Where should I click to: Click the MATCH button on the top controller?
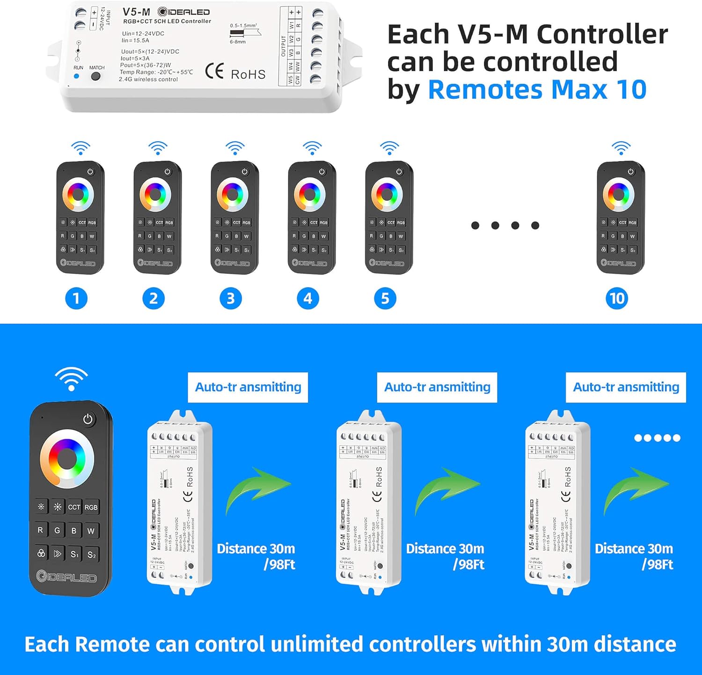(95, 76)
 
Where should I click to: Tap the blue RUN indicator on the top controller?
(77, 76)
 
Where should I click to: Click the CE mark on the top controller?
(214, 71)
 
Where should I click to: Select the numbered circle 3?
(231, 298)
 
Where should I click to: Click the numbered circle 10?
(617, 298)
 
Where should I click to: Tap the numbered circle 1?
(76, 298)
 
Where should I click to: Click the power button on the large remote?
(88, 419)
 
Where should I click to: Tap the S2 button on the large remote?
(91, 555)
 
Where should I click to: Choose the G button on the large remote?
(57, 530)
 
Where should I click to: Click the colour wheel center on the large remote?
(67, 457)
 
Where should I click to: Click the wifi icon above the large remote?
(71, 379)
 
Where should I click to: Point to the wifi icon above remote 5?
(389, 148)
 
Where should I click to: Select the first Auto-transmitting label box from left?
(248, 387)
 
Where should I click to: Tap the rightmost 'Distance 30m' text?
(634, 549)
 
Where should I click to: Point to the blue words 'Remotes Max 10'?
(537, 89)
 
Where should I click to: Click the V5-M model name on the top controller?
(136, 12)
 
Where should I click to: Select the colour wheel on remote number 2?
(155, 194)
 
